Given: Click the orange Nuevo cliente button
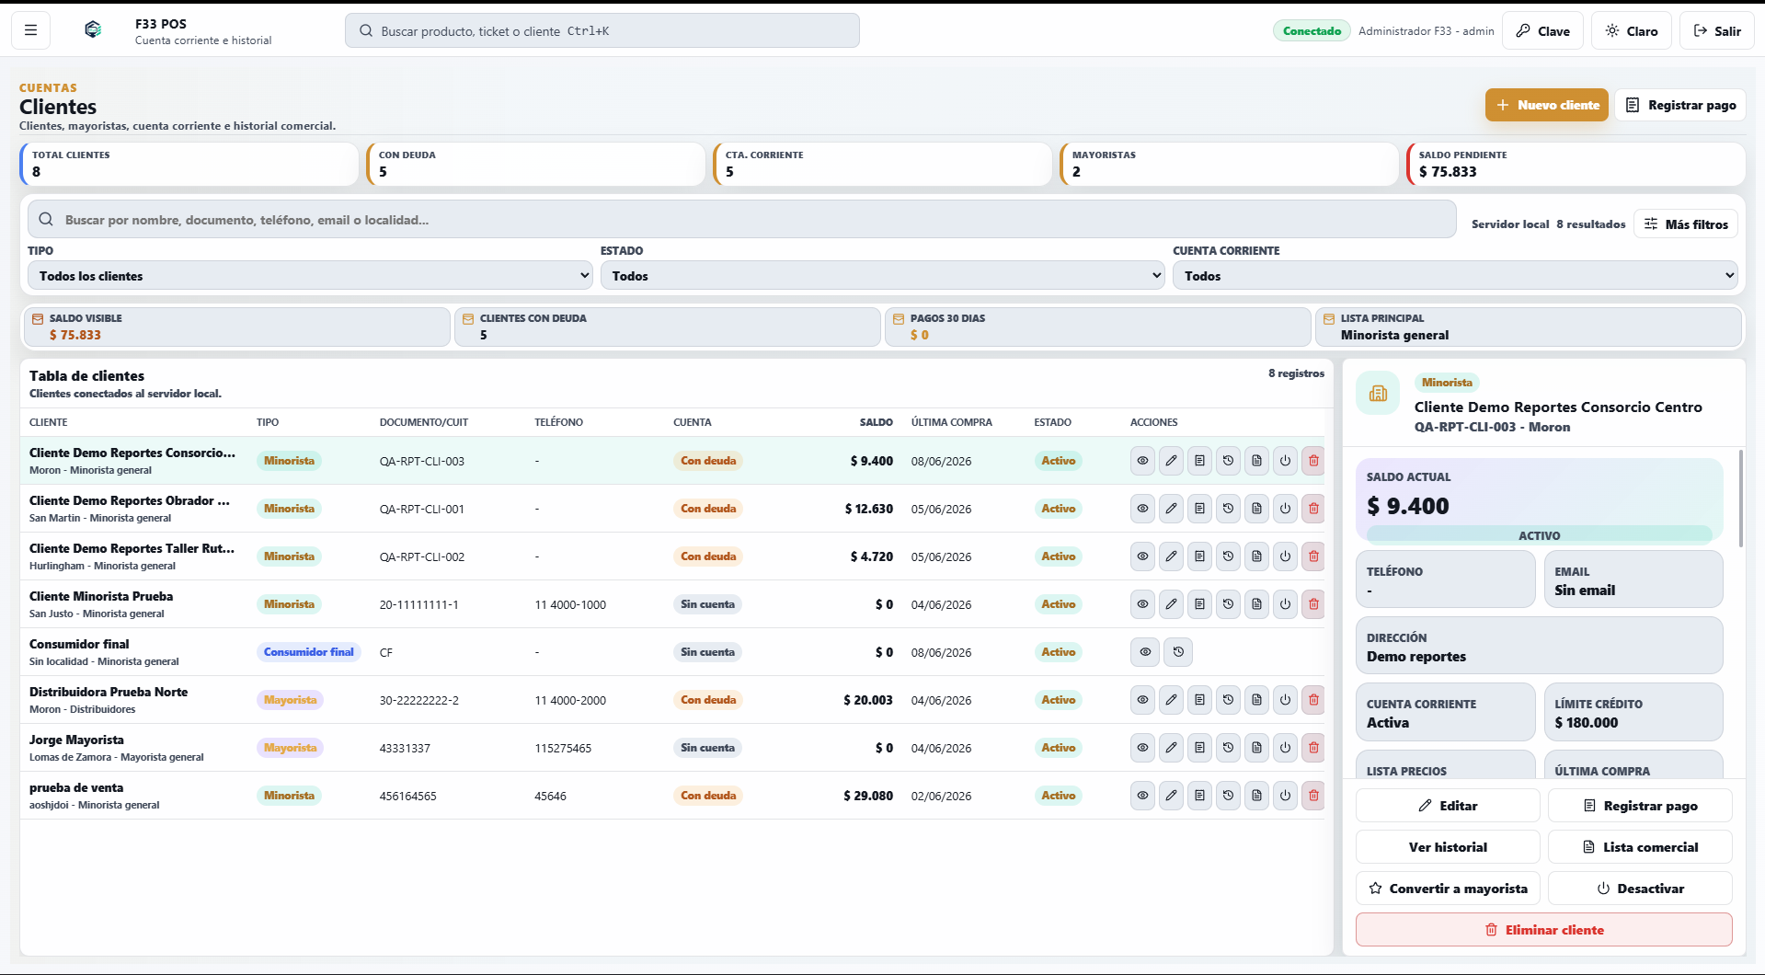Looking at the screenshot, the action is (x=1546, y=105).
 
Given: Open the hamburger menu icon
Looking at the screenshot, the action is (x=30, y=30).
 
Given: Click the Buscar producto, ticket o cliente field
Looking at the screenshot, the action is (x=602, y=30).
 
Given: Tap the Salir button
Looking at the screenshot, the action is (x=1716, y=30).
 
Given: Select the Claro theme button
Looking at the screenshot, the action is (x=1631, y=30).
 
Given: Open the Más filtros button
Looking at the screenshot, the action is (x=1686, y=224).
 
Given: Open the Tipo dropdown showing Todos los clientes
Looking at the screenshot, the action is (x=310, y=275).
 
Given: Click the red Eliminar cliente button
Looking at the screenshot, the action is (x=1543, y=929).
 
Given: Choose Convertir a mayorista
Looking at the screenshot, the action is (x=1448, y=888).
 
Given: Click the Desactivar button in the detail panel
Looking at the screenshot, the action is (x=1640, y=888).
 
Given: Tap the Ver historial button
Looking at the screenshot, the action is (x=1448, y=846).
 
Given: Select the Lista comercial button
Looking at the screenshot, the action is (x=1640, y=846).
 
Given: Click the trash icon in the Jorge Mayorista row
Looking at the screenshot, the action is (x=1313, y=748).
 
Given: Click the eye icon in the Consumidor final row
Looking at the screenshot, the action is (x=1145, y=652).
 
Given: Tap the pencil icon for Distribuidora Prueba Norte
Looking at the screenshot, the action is (x=1171, y=700).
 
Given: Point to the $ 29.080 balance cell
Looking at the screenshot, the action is (x=868, y=796).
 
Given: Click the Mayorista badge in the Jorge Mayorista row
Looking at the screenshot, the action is (x=290, y=748).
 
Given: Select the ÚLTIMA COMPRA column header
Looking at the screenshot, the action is (x=951, y=422).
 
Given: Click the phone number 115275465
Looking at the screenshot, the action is (x=563, y=748).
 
